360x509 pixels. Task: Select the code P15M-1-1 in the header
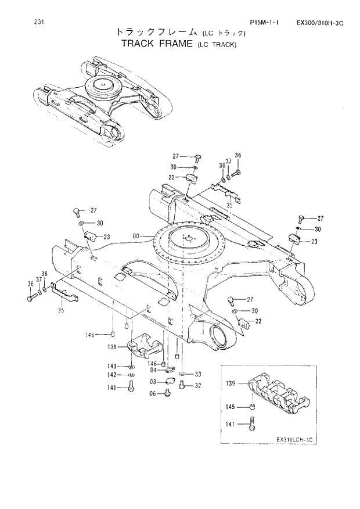265,23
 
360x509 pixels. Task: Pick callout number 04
153,370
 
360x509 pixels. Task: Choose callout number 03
153,381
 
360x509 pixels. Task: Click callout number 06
153,393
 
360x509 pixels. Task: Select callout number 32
197,385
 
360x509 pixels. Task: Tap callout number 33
197,374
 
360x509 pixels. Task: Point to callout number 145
230,407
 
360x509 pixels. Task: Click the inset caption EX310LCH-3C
294,439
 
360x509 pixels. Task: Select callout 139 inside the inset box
230,384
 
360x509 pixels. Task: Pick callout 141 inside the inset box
230,424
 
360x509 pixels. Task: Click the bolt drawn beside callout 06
168,393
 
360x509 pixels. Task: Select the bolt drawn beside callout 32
182,385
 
